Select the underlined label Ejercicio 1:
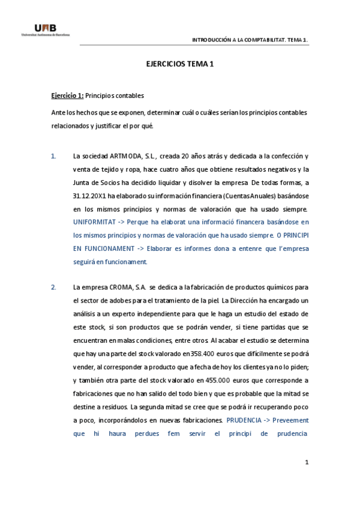pos(67,95)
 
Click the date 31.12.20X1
pos(89,196)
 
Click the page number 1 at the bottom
pos(306,462)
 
